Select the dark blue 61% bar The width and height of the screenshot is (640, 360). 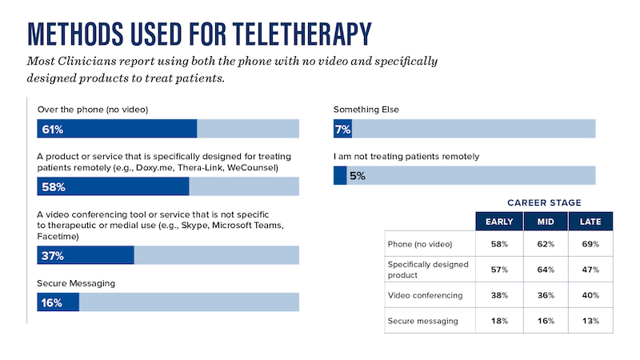(x=117, y=129)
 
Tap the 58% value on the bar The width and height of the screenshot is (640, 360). (x=49, y=187)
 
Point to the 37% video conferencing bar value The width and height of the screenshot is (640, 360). (x=49, y=256)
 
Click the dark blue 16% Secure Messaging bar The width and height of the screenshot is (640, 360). (x=58, y=302)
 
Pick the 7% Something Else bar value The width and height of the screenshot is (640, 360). (x=343, y=129)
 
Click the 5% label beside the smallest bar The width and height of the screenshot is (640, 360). (x=358, y=176)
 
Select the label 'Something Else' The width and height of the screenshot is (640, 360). (x=366, y=109)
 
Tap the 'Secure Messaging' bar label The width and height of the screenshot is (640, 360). (x=77, y=282)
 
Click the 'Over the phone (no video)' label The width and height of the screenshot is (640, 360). (x=93, y=109)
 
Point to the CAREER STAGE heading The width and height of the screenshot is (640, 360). (x=544, y=203)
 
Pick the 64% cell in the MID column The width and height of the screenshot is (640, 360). (x=544, y=270)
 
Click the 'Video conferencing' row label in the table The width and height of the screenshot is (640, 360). (x=425, y=295)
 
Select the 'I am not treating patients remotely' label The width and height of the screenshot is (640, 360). (x=406, y=156)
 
